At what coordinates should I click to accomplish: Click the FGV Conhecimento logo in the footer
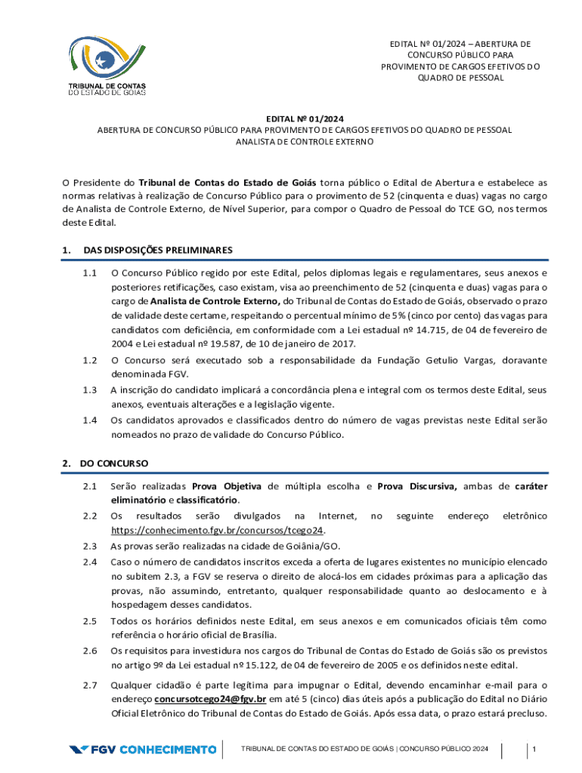[143, 750]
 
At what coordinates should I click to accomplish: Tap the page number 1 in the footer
[534, 749]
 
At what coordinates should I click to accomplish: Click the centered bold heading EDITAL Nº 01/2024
[304, 119]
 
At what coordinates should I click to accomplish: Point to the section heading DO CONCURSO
[114, 463]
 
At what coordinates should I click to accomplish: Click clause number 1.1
[91, 273]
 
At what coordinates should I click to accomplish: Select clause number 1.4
[91, 420]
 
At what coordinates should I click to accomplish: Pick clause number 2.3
[91, 546]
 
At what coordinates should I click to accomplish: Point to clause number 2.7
[91, 685]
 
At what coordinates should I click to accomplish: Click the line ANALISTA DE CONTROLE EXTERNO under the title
[304, 141]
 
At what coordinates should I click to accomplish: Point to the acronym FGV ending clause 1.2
[179, 374]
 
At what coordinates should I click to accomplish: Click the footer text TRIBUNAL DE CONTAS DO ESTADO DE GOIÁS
[317, 749]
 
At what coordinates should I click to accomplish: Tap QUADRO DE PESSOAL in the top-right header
[460, 78]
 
